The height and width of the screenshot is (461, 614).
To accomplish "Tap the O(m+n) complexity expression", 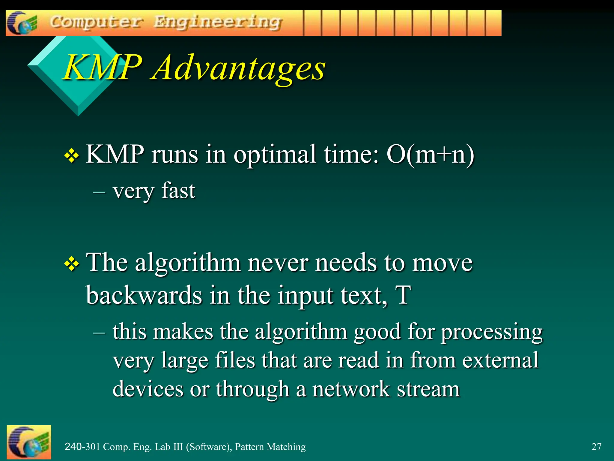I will pyautogui.click(x=430, y=155).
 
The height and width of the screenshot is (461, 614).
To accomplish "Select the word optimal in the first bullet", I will pyautogui.click(x=275, y=155).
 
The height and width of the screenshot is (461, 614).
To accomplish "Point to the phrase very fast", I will pyautogui.click(x=154, y=191).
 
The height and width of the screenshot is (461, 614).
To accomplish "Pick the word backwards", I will pyautogui.click(x=144, y=295).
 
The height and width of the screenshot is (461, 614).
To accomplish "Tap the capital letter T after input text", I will pyautogui.click(x=403, y=295).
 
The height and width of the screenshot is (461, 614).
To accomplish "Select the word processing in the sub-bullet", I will pyautogui.click(x=492, y=333).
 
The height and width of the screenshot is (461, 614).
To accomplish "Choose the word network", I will pyautogui.click(x=351, y=389).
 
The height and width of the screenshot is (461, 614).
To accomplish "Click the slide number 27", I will pyautogui.click(x=596, y=447).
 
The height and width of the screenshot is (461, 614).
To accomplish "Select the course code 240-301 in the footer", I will pyautogui.click(x=82, y=447).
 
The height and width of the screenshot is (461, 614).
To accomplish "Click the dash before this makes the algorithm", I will pyautogui.click(x=99, y=333).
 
